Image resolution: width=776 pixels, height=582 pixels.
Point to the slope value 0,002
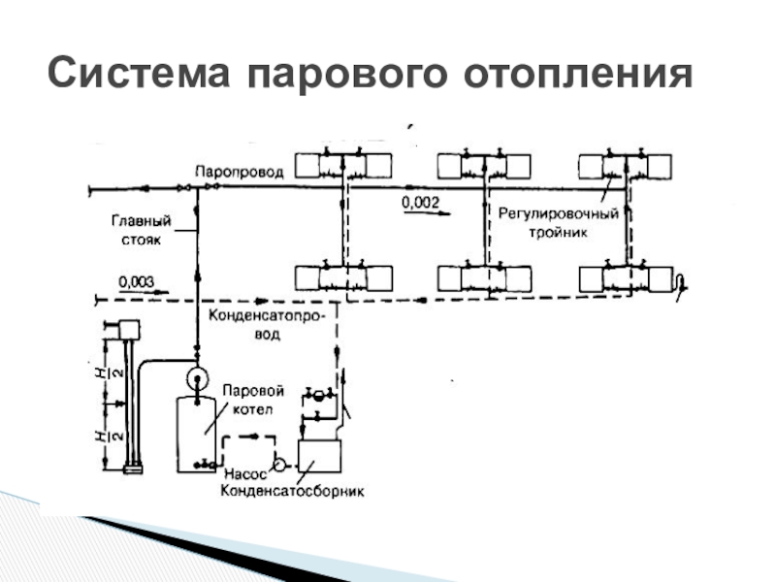coord(420,202)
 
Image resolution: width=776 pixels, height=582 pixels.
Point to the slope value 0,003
coord(136,281)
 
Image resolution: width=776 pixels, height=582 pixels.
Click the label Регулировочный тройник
coord(559,222)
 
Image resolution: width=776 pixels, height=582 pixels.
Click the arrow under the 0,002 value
coord(427,215)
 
